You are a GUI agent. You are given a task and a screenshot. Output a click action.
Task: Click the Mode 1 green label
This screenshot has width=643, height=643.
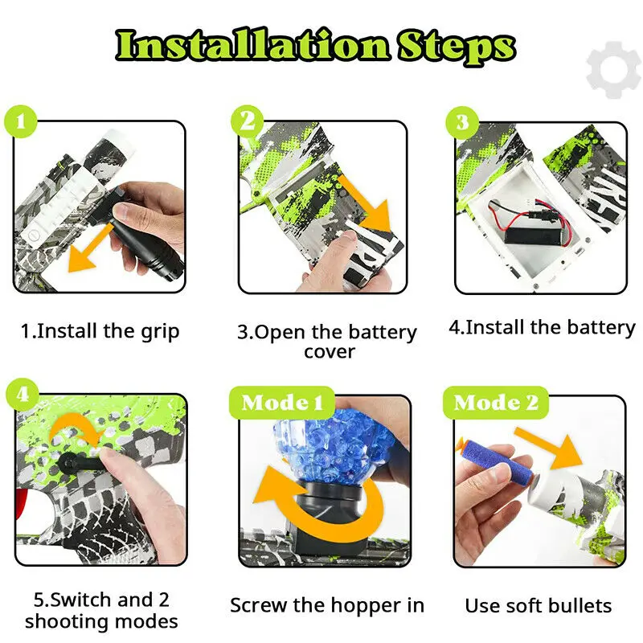pos(282,402)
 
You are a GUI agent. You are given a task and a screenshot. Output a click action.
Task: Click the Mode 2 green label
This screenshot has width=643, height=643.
pos(495,402)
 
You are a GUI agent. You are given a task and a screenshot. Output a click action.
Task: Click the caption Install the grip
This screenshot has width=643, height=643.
pos(100,330)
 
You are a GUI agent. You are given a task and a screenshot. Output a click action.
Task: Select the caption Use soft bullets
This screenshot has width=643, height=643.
pos(539,605)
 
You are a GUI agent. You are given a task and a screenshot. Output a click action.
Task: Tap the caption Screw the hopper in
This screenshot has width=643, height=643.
pos(326,605)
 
